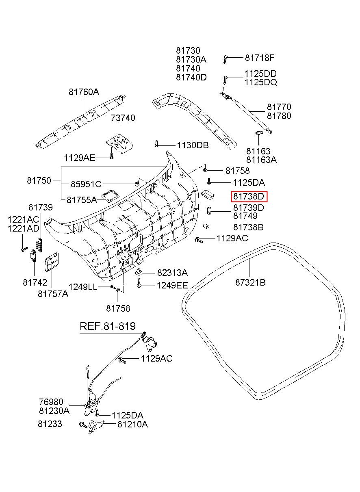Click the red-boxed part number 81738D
coord(249,197)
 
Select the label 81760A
coord(83,92)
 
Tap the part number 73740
coord(123,118)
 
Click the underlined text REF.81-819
coord(107,326)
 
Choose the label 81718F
coord(260,58)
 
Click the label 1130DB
coord(192,145)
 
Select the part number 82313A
coord(172,273)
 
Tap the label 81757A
coord(53,293)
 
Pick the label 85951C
coord(86,184)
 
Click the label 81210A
coord(132,425)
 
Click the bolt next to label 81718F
coord(225,59)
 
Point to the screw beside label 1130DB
coord(156,143)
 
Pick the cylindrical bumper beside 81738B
coord(206,226)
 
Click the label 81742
coord(35,282)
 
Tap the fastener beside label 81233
coord(83,425)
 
